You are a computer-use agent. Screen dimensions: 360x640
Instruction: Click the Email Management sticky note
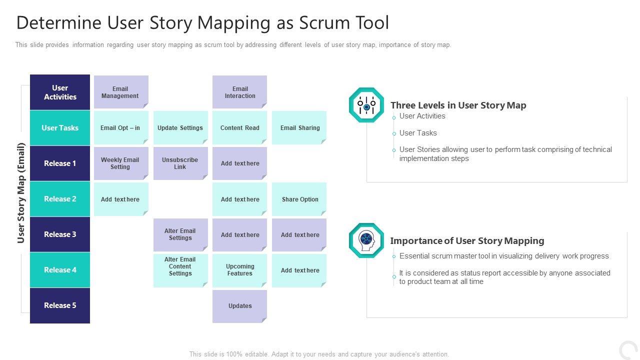click(120, 92)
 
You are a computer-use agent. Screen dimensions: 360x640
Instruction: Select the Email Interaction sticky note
click(239, 92)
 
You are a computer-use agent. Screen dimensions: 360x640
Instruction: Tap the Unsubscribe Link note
click(180, 163)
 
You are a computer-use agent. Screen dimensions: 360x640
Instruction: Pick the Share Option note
click(299, 199)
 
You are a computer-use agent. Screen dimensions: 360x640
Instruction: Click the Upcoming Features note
click(239, 270)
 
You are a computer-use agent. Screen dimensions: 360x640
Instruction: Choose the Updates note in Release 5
click(239, 306)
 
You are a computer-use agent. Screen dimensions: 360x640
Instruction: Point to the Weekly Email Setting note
click(120, 163)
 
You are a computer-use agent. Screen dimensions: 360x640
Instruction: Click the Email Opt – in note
click(120, 128)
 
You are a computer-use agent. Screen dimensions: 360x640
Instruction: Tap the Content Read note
click(239, 128)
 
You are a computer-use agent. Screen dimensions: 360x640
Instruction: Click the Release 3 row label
click(60, 234)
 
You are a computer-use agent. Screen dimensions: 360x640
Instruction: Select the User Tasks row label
click(60, 128)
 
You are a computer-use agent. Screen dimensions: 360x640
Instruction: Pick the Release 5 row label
click(60, 305)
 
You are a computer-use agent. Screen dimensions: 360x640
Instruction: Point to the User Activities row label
click(60, 92)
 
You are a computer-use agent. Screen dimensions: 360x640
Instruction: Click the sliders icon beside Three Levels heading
click(366, 105)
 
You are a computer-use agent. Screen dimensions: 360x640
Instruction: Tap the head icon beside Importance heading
click(366, 240)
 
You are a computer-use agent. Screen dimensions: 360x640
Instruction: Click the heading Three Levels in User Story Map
click(458, 105)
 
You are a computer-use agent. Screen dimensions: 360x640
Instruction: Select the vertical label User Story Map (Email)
click(21, 193)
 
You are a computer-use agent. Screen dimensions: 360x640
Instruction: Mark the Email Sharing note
click(299, 128)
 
